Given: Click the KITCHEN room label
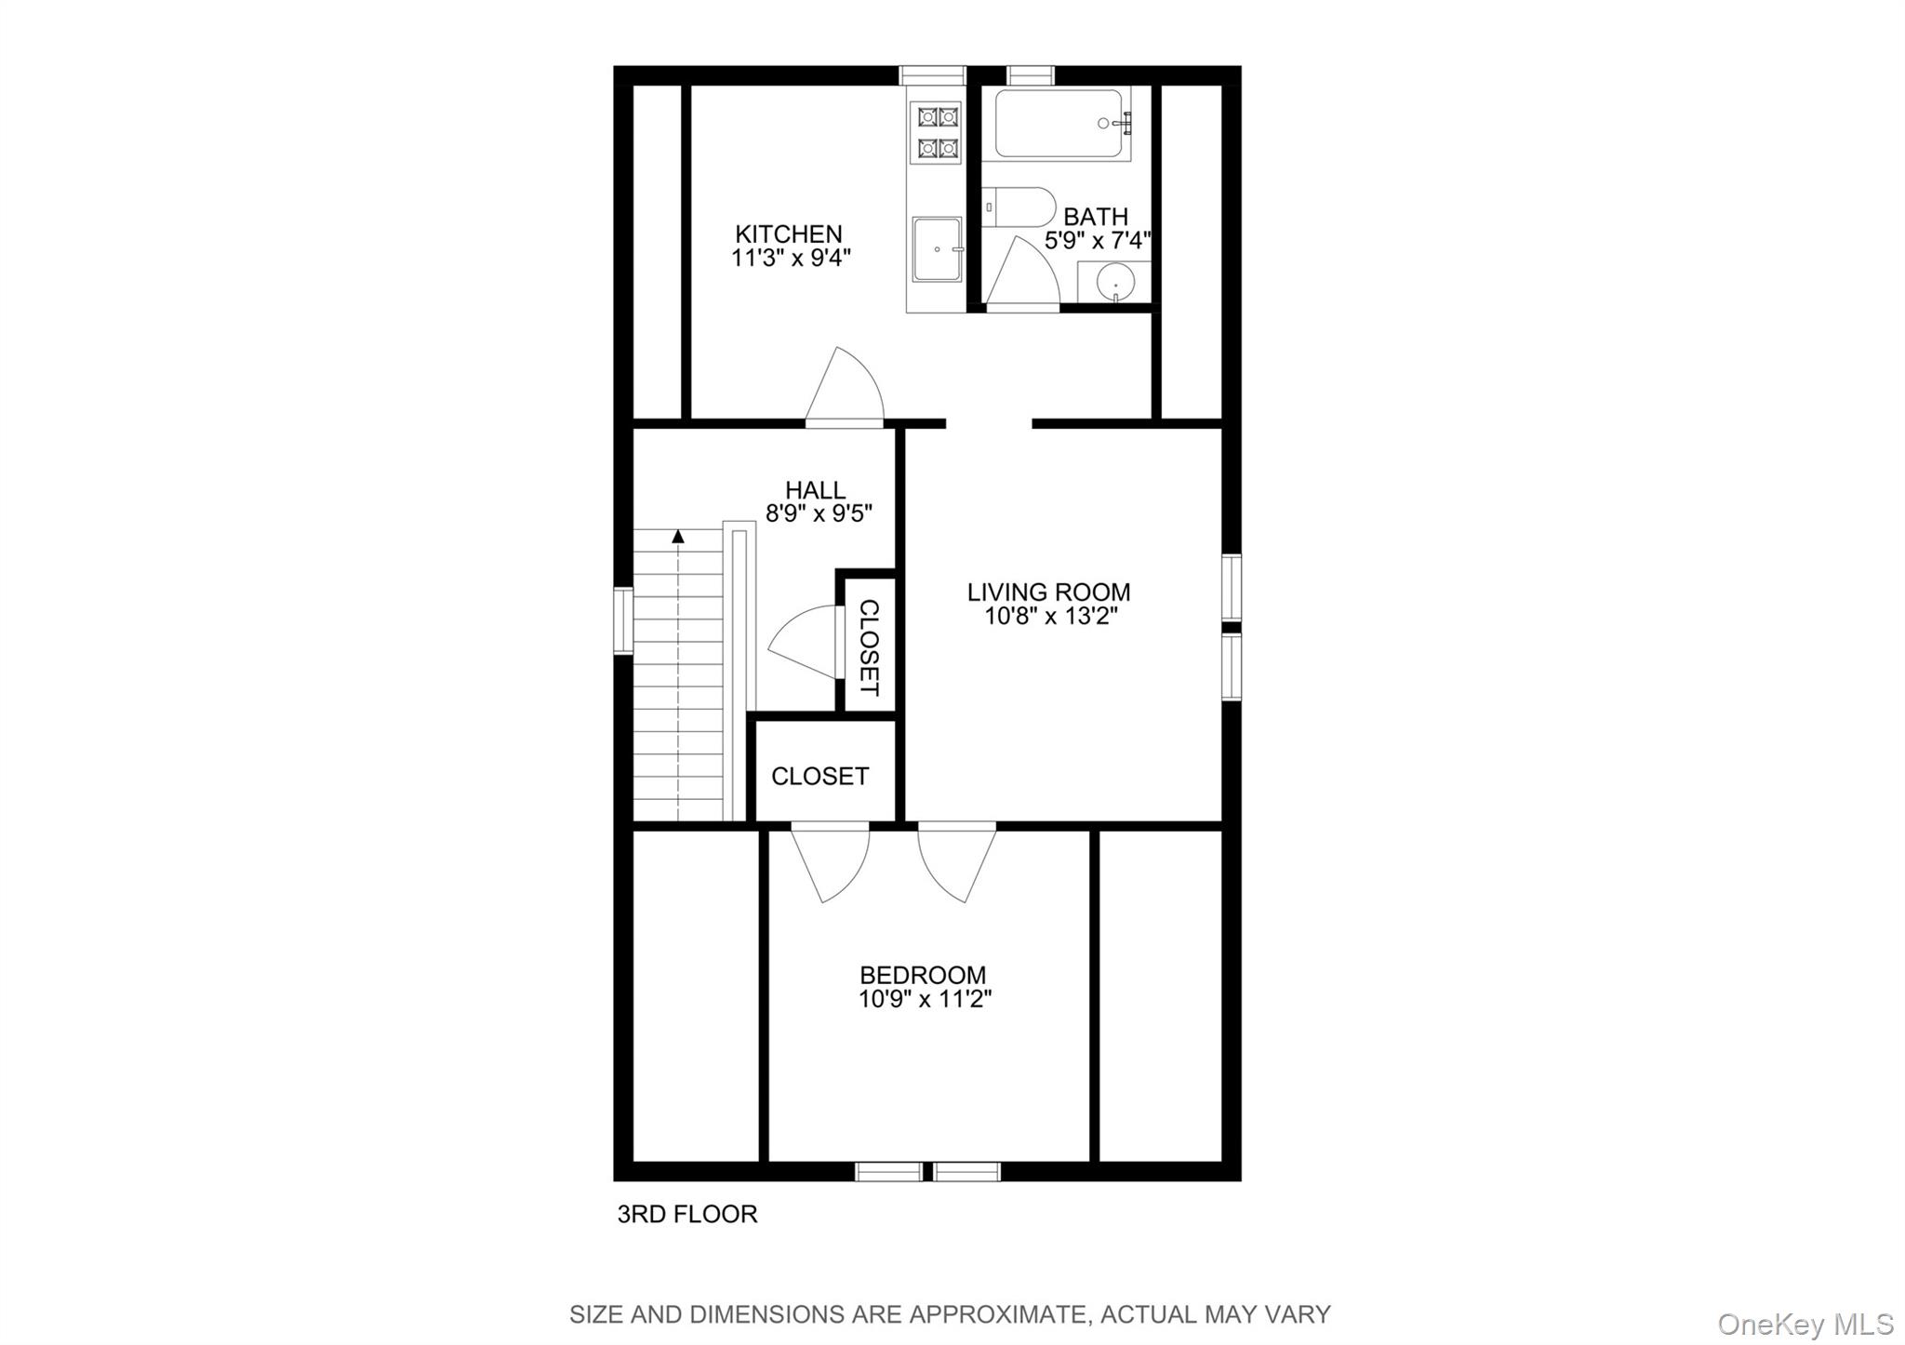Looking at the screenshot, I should click(788, 233).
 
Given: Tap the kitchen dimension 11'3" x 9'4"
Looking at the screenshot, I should click(791, 259).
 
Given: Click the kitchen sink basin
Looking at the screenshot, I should click(937, 248).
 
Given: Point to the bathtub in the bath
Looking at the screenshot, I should click(1058, 124).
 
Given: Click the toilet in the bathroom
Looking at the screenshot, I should click(1019, 206).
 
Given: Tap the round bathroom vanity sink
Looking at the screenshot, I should click(1115, 282).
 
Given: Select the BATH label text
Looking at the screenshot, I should click(1095, 217).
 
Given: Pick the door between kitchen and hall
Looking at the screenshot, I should click(845, 389).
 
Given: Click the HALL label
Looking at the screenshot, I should click(815, 490).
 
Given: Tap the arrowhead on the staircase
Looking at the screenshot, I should click(678, 536).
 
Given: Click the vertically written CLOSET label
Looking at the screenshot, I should click(869, 646).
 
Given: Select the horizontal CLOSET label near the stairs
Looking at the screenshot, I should click(819, 776).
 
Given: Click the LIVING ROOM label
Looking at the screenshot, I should click(1048, 592).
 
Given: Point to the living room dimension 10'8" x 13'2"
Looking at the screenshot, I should click(1051, 616).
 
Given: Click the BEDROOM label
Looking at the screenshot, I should click(923, 975).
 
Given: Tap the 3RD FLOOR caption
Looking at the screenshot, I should click(687, 1214).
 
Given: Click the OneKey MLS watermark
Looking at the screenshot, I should click(1805, 1323).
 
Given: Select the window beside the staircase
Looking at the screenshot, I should click(622, 620).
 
